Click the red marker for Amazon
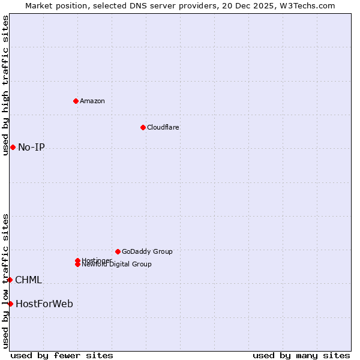point(76,101)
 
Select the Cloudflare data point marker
point(143,127)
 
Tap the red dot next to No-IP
point(13,147)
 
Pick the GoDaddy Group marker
point(118,251)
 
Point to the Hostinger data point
point(77,260)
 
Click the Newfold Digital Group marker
point(77,264)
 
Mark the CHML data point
point(10,280)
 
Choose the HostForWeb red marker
point(10,304)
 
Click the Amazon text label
point(92,101)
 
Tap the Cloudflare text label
point(163,127)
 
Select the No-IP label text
point(31,148)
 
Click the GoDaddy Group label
point(147,251)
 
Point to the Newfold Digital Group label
point(118,265)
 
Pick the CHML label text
point(28,280)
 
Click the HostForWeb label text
point(44,304)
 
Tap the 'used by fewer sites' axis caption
point(62,355)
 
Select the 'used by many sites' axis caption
point(301,355)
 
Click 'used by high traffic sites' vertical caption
point(5,85)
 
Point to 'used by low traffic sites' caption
point(5,281)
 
